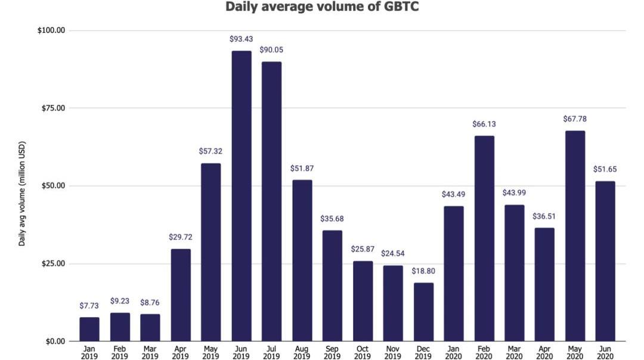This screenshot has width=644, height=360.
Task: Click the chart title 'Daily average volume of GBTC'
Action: [x=323, y=7]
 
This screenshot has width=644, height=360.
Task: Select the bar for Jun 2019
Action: [x=241, y=196]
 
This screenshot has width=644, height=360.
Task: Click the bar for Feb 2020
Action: [x=484, y=238]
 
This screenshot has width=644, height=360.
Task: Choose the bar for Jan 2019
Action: [x=89, y=329]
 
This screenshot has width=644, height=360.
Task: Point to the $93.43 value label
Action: [x=241, y=39]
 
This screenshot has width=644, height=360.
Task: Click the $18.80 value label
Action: [x=423, y=271]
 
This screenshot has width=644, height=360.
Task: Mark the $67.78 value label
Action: [x=575, y=119]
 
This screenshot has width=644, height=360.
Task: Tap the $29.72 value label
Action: [x=181, y=237]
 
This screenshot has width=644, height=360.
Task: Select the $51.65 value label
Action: [x=605, y=169]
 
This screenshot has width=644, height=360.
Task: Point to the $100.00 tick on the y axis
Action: [x=51, y=30]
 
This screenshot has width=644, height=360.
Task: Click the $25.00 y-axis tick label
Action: [x=53, y=263]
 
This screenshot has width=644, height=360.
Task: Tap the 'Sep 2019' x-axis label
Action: [x=332, y=352]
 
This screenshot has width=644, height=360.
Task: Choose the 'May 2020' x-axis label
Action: [x=575, y=352]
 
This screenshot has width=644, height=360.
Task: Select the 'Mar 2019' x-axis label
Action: [x=150, y=352]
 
